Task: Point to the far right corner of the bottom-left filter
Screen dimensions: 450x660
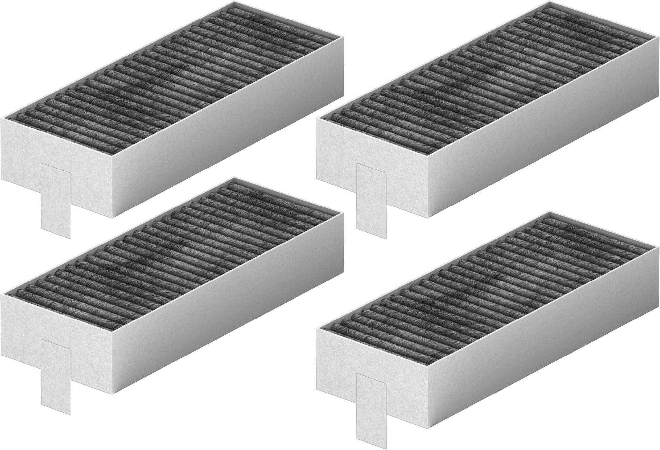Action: (x=343, y=213)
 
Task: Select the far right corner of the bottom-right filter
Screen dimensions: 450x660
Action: (x=659, y=246)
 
